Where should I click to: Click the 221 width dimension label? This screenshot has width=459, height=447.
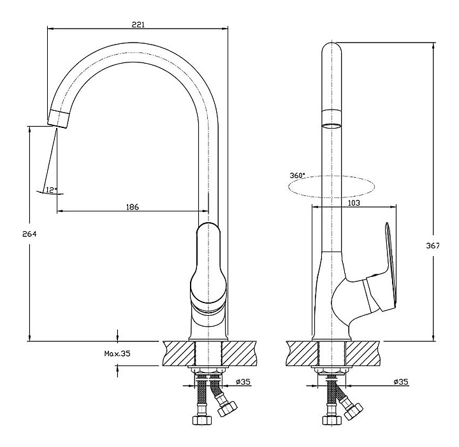(138, 25)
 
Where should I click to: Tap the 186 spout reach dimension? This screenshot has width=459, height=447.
(133, 207)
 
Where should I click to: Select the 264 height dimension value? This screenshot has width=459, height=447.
(29, 234)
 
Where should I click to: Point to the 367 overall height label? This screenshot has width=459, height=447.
(433, 246)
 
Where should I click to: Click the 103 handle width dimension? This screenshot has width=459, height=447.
(354, 202)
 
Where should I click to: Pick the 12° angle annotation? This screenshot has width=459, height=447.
(52, 190)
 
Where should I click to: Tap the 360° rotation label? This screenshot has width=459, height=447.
(297, 175)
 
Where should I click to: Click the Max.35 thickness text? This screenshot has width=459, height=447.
(117, 353)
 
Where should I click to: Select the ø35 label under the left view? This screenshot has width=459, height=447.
(244, 381)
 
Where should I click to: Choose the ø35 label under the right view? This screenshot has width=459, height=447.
(401, 381)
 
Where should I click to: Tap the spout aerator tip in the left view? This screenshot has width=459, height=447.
(59, 119)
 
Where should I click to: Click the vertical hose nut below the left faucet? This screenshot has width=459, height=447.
(202, 420)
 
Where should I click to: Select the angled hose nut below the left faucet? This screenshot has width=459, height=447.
(228, 408)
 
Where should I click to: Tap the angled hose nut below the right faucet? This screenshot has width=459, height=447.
(353, 411)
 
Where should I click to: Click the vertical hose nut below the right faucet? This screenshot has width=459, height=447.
(331, 420)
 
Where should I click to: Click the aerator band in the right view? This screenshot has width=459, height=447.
(331, 117)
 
